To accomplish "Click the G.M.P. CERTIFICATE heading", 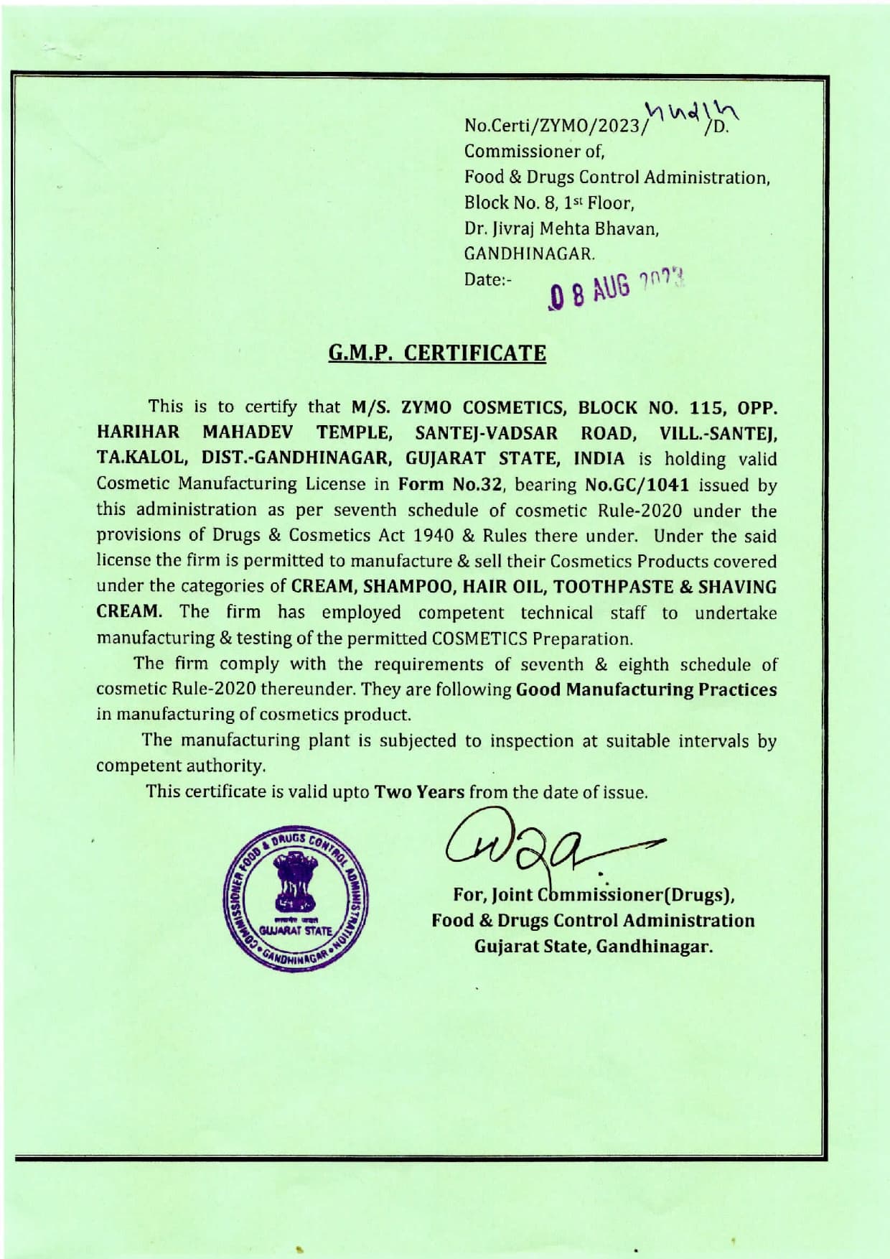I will (x=437, y=353).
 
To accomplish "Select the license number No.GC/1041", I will (x=637, y=484).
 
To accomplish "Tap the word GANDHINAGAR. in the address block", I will (x=530, y=254).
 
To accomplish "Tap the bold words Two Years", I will (x=420, y=792).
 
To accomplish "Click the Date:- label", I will (x=487, y=279).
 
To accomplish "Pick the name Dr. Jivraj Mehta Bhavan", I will (x=561, y=228).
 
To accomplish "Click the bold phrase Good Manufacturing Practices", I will (x=646, y=689).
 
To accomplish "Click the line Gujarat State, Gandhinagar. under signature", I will (x=594, y=946).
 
